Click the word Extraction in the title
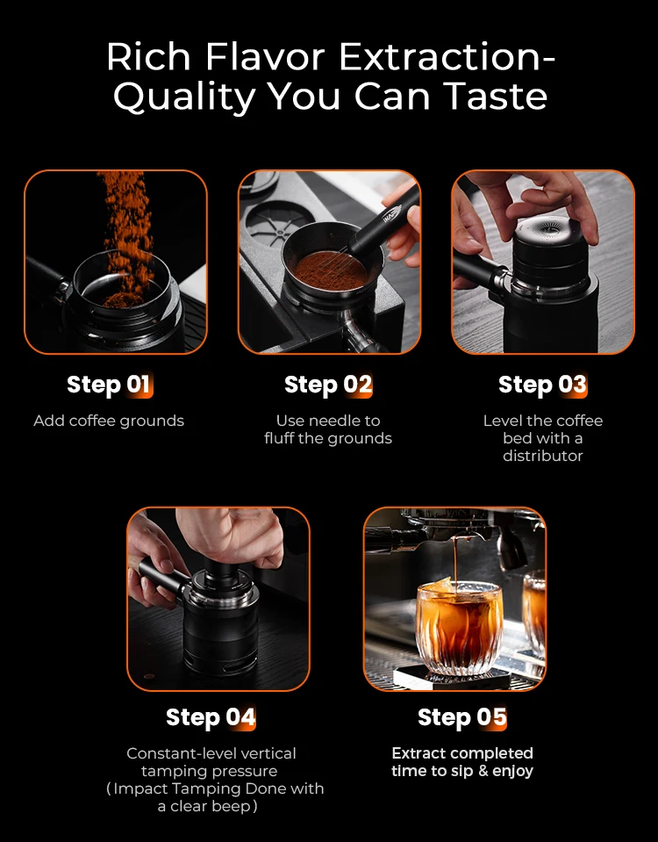(x=447, y=56)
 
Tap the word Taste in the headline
(x=496, y=96)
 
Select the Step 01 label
(x=110, y=385)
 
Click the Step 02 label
(x=328, y=385)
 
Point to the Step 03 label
(x=542, y=385)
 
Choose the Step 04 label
(x=211, y=717)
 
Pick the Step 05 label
(x=462, y=717)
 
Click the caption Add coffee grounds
(x=109, y=421)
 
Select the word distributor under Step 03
(x=542, y=456)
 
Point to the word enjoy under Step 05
(x=512, y=772)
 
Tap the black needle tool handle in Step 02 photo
(x=384, y=221)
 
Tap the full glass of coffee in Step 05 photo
(x=458, y=626)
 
